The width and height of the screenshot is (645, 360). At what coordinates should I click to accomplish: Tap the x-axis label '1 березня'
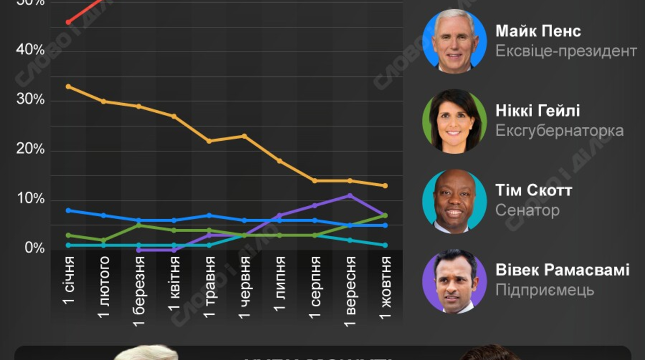139,290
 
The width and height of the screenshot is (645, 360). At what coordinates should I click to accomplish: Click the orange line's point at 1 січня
68,86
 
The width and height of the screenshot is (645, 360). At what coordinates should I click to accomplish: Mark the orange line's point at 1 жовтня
385,186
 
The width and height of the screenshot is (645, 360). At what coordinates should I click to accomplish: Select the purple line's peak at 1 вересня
350,196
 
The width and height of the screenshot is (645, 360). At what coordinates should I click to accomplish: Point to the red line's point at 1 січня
68,22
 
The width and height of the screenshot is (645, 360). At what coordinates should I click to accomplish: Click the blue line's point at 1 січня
68,210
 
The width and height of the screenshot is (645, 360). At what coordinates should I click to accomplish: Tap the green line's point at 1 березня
139,225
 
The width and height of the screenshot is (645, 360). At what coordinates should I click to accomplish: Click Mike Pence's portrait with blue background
455,41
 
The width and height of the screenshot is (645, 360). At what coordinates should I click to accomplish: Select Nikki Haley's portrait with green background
455,121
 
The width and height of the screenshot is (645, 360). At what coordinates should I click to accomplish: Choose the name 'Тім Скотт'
533,191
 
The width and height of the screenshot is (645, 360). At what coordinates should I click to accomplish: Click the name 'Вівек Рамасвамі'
562,270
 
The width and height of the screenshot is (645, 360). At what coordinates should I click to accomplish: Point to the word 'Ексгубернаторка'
559,131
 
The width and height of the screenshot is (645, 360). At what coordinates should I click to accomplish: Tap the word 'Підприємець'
544,290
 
